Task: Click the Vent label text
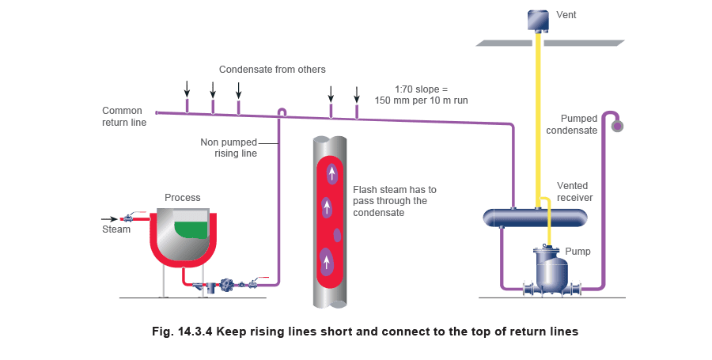[566, 15]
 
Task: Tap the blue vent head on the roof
[538, 21]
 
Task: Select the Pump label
[578, 252]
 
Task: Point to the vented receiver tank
[535, 218]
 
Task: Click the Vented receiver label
[574, 191]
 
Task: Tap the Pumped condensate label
[572, 124]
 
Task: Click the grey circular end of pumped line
[617, 126]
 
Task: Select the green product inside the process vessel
[191, 229]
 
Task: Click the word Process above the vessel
[183, 198]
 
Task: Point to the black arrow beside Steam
[109, 219]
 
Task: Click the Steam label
[116, 229]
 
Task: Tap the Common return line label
[124, 116]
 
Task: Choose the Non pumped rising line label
[229, 148]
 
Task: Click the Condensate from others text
[272, 70]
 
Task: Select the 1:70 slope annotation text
[421, 95]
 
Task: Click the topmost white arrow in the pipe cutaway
[332, 173]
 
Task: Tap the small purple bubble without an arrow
[337, 235]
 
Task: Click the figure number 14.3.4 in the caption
[195, 332]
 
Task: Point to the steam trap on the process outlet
[226, 285]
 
